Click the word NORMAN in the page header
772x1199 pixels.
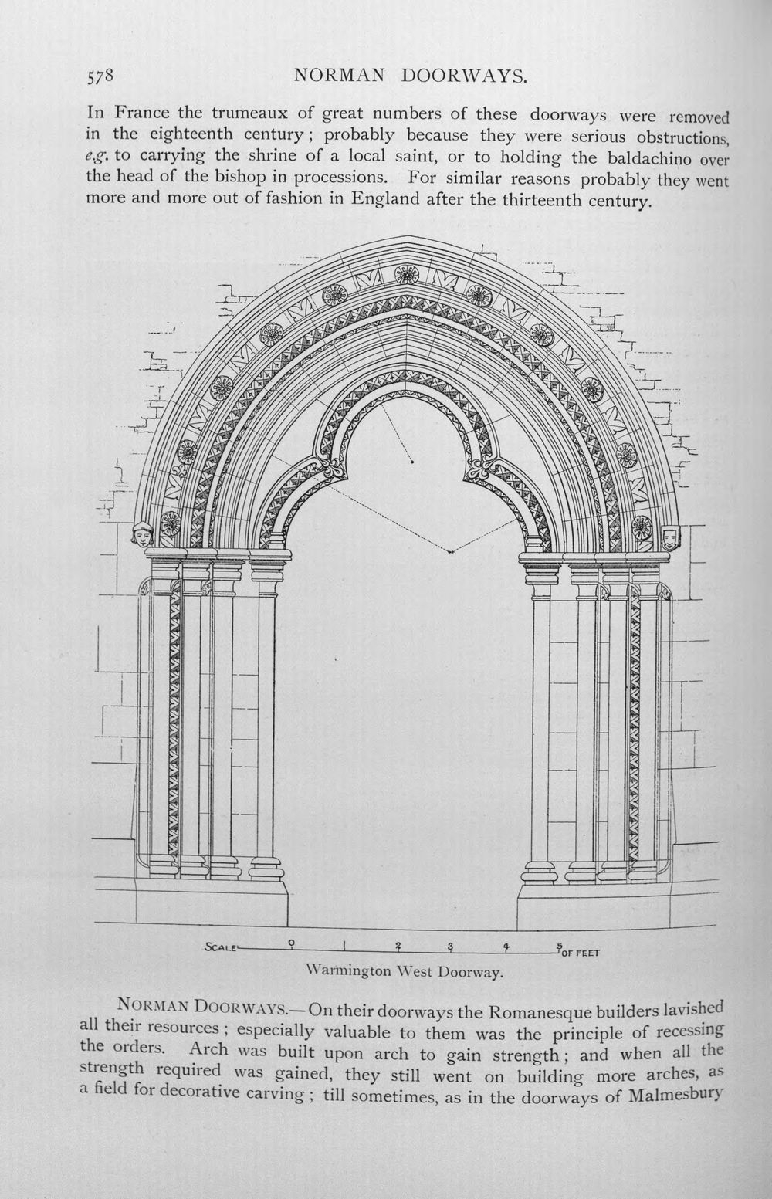(x=340, y=76)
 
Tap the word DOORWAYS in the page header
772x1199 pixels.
(x=465, y=76)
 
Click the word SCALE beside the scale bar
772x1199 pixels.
(x=221, y=947)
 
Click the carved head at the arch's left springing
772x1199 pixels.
(x=143, y=535)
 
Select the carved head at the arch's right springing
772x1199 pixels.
(x=669, y=537)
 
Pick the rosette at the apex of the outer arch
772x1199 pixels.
(x=407, y=275)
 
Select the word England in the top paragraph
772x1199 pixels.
(x=385, y=200)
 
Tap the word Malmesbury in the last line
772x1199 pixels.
(x=675, y=1095)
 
